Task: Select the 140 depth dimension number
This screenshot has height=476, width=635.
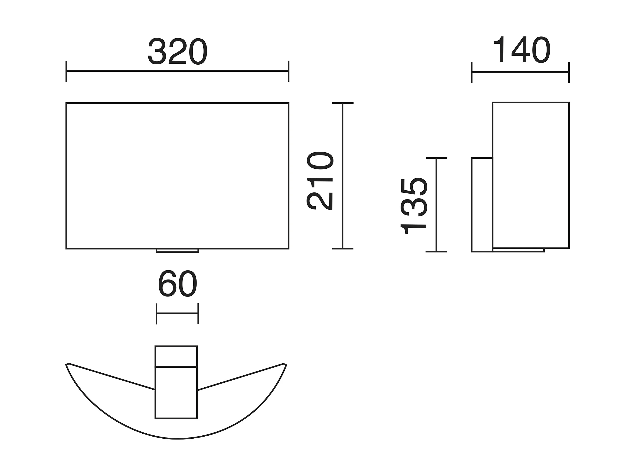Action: click(522, 49)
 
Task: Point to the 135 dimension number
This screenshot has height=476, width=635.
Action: click(414, 206)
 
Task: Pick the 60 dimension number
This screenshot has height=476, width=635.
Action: click(178, 284)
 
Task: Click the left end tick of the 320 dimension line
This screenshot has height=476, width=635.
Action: click(66, 71)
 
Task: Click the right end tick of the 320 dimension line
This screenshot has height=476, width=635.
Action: click(289, 71)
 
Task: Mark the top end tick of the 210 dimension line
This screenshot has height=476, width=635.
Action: click(343, 103)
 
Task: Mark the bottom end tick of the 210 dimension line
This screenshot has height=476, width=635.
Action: click(343, 249)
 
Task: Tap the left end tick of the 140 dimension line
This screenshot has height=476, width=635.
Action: click(472, 72)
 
